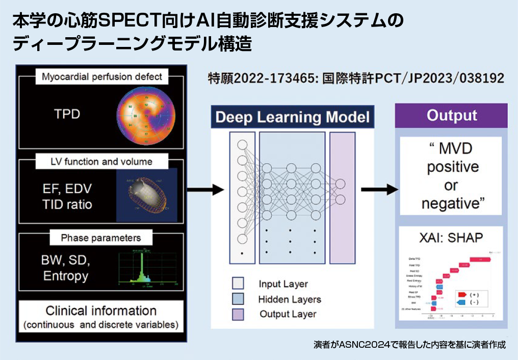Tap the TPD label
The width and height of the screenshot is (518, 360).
(67, 113)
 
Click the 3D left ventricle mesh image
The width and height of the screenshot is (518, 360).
(147, 195)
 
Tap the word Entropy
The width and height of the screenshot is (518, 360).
(66, 276)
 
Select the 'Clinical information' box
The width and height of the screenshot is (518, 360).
(101, 316)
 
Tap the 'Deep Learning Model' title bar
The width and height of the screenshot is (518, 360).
(292, 117)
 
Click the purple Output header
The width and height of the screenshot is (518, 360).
(452, 115)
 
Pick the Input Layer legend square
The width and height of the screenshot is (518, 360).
(238, 284)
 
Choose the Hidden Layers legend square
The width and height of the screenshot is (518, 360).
(238, 299)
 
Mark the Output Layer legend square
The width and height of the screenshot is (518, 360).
(238, 314)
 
